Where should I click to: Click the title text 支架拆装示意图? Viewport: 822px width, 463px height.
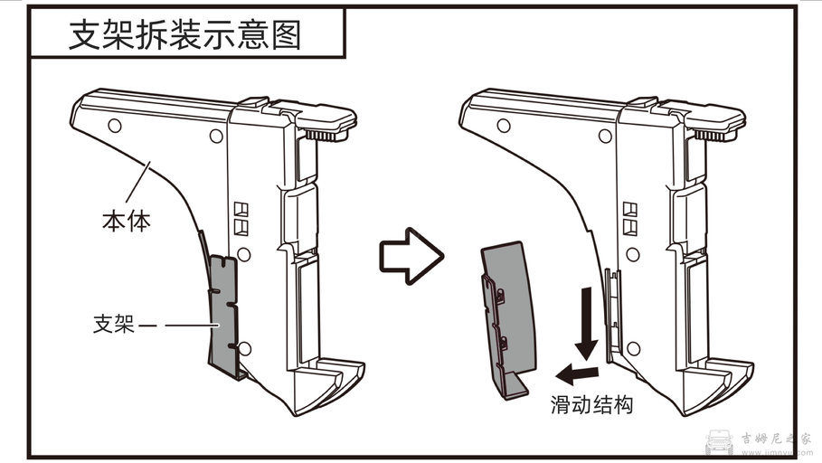[185, 37]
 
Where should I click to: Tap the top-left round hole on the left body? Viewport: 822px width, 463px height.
[114, 124]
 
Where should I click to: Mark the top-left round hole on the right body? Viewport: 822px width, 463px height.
[502, 124]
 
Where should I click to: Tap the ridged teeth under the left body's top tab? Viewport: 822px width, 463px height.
[327, 135]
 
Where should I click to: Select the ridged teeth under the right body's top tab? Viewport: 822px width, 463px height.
[716, 135]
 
